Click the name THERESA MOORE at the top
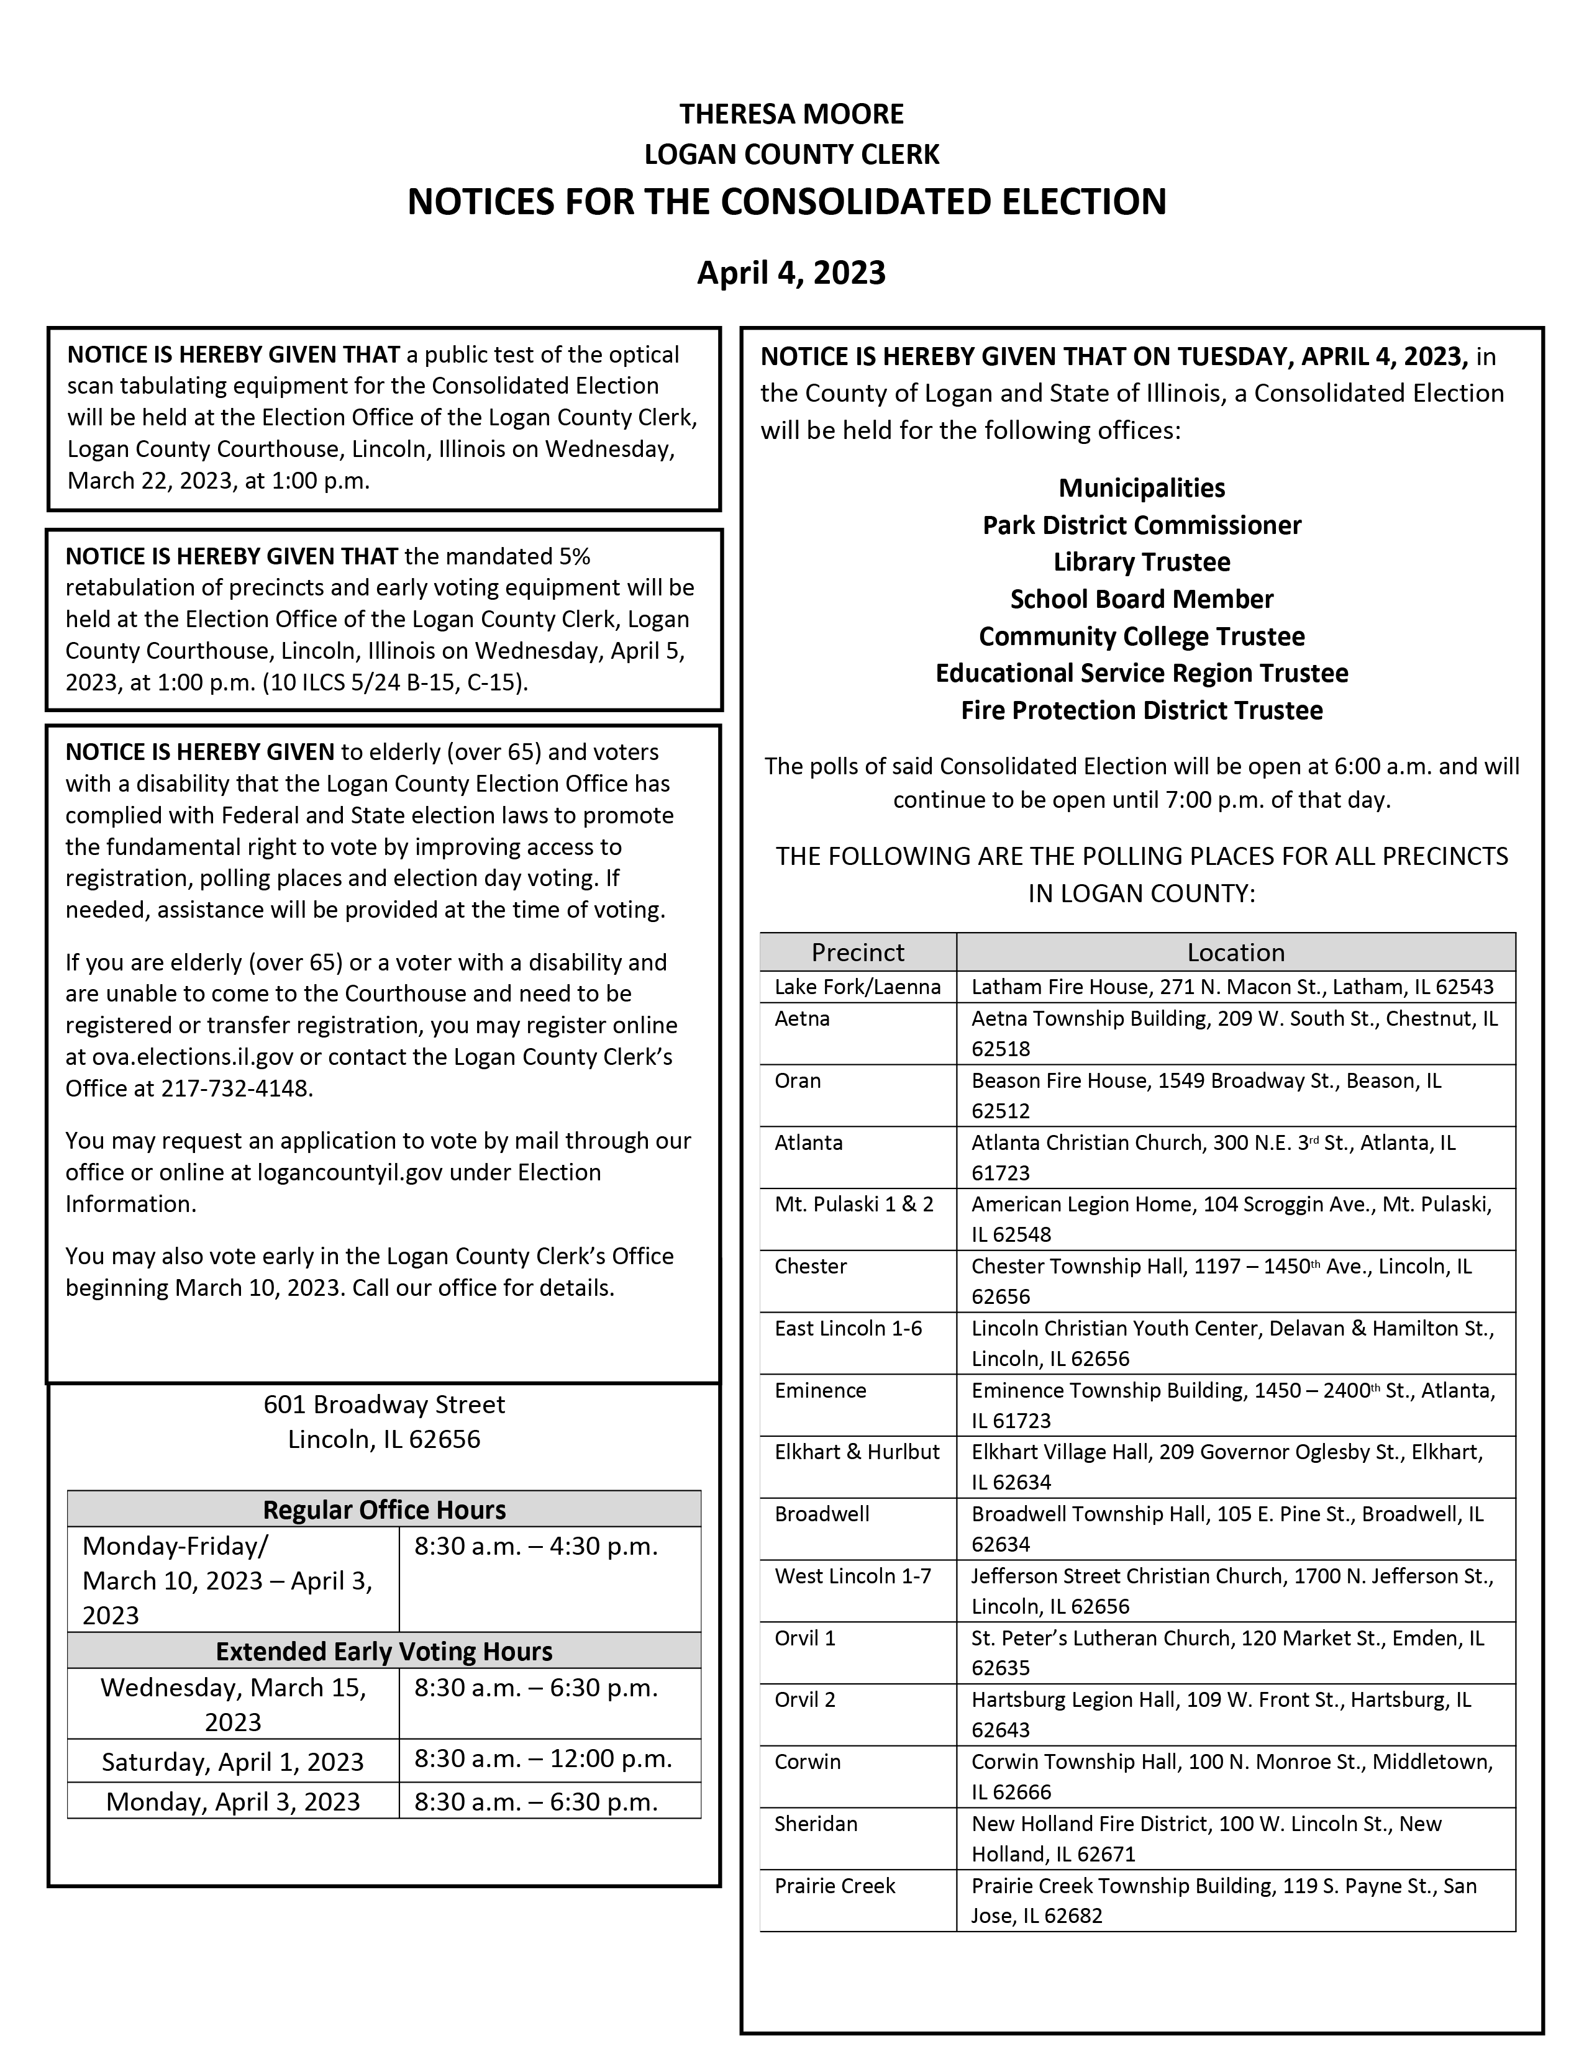click(791, 114)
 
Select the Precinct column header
click(858, 952)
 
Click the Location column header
click(1235, 952)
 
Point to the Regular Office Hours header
click(384, 1509)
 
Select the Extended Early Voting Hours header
click(384, 1651)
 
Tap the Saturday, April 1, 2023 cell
click(233, 1762)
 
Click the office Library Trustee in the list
click(1141, 562)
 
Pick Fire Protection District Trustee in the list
click(1141, 710)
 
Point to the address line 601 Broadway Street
click(384, 1404)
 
